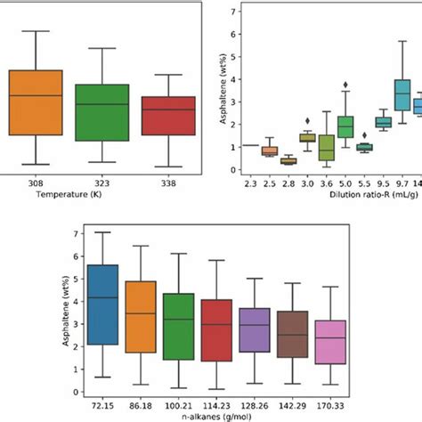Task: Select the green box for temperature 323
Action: click(101, 113)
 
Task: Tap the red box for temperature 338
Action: click(168, 116)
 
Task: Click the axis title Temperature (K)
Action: click(100, 191)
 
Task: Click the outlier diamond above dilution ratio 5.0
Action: click(345, 85)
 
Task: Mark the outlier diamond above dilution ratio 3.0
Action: click(307, 120)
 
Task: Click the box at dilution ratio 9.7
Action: click(402, 93)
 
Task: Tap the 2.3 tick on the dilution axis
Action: click(250, 181)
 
